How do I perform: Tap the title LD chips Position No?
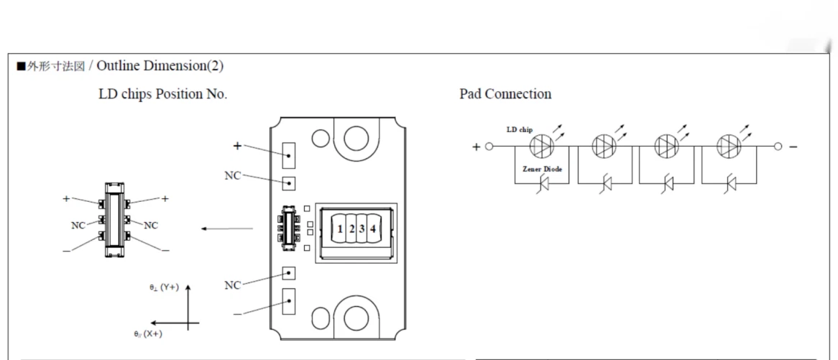pyautogui.click(x=162, y=94)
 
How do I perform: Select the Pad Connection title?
pyautogui.click(x=505, y=94)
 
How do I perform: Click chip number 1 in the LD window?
pyautogui.click(x=339, y=229)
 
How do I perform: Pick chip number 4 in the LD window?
pyautogui.click(x=372, y=229)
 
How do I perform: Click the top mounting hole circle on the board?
pyautogui.click(x=356, y=137)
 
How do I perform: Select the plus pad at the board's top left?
pyautogui.click(x=289, y=153)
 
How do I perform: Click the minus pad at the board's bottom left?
pyautogui.click(x=289, y=300)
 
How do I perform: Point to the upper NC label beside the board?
pyautogui.click(x=232, y=175)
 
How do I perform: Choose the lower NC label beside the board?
pyautogui.click(x=232, y=285)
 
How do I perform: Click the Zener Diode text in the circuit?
pyautogui.click(x=543, y=169)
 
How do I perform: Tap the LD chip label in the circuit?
pyautogui.click(x=520, y=130)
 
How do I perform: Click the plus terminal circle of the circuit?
pyautogui.click(x=489, y=147)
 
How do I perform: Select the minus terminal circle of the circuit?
pyautogui.click(x=778, y=147)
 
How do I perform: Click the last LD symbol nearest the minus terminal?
pyautogui.click(x=728, y=147)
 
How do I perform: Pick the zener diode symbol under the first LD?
pyautogui.click(x=544, y=185)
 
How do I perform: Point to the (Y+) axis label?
pyautogui.click(x=164, y=287)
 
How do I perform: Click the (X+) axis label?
pyautogui.click(x=147, y=334)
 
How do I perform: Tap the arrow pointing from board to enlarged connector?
pyautogui.click(x=226, y=229)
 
